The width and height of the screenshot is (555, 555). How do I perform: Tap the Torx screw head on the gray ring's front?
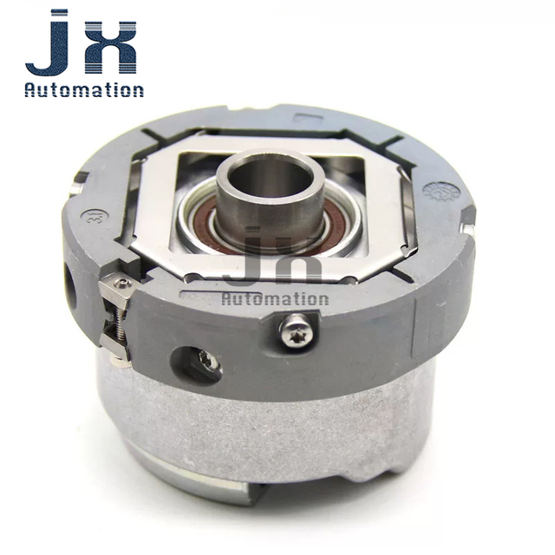point(297,330)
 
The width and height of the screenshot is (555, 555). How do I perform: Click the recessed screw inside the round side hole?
point(207,361)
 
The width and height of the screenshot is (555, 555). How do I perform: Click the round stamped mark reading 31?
point(90,215)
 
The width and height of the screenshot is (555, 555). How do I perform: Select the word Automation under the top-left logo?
point(84,90)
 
